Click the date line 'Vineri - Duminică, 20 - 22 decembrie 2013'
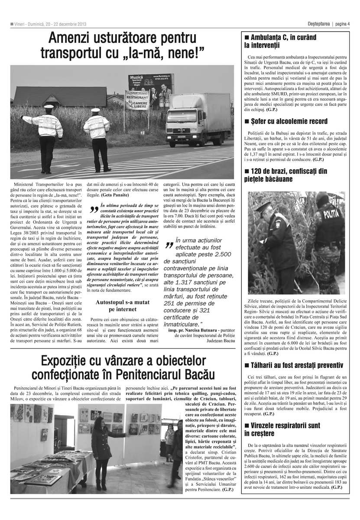point(51,24)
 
